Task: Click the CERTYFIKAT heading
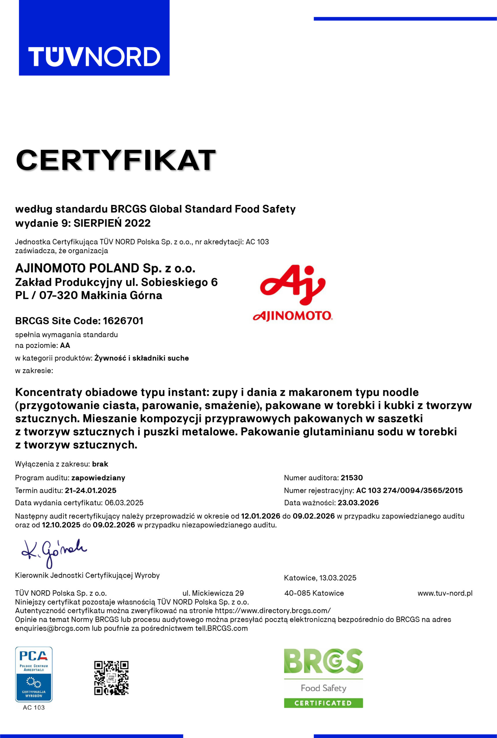(x=116, y=160)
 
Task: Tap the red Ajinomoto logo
(x=293, y=293)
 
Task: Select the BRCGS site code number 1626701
(x=123, y=321)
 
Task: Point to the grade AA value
(x=65, y=345)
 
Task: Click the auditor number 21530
(x=352, y=478)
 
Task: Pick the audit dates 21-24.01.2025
(x=91, y=490)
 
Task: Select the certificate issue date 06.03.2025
(x=124, y=503)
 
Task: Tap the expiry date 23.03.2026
(x=358, y=503)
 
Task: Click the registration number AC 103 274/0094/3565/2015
(x=409, y=490)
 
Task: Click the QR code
(x=111, y=678)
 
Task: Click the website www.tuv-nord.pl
(x=445, y=593)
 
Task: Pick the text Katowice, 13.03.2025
(x=320, y=578)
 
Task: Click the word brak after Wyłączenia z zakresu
(x=100, y=464)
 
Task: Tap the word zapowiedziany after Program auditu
(x=98, y=478)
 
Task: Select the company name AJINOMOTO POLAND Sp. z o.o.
(x=105, y=268)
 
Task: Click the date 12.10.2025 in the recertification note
(x=61, y=525)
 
